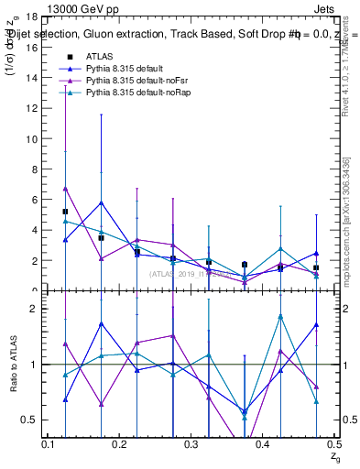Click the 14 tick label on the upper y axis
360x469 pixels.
[x=30, y=78]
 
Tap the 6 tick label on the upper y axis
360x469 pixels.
[x=33, y=200]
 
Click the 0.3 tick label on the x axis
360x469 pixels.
[x=191, y=444]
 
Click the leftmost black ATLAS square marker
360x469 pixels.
[x=65, y=212]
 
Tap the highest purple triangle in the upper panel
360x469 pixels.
[x=65, y=188]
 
